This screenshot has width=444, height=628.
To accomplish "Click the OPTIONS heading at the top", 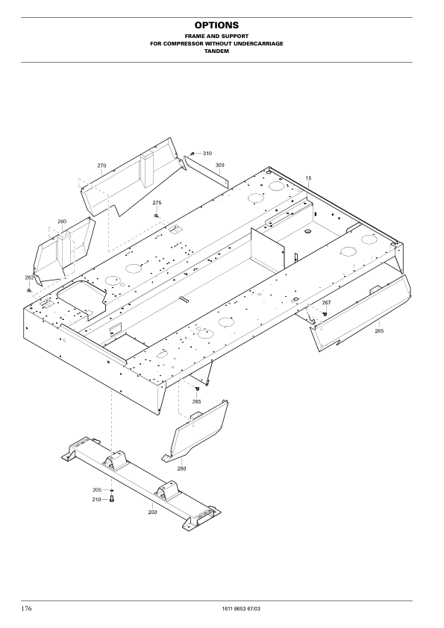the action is [x=216, y=25].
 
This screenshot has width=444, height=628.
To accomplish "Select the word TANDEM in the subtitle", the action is [x=217, y=51].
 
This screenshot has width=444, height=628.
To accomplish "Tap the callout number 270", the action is [x=101, y=166].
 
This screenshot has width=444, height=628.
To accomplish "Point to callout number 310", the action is [x=207, y=154].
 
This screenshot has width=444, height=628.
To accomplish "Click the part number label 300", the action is [x=219, y=165].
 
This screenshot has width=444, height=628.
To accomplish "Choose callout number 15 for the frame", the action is [x=308, y=178].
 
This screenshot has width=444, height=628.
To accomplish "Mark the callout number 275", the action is [x=157, y=203].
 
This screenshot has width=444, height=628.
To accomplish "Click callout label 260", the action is [x=62, y=222].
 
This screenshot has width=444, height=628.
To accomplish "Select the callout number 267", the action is [x=327, y=303].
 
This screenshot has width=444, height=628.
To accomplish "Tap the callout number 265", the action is [x=379, y=331].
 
